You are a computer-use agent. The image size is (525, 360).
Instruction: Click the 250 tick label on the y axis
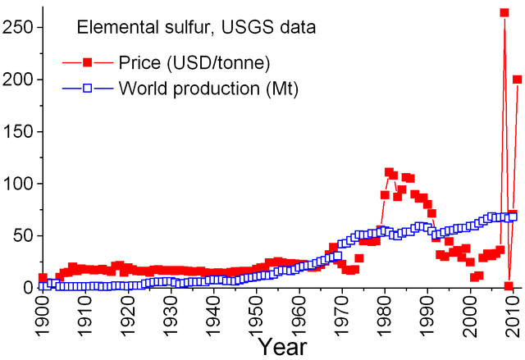point(18,27)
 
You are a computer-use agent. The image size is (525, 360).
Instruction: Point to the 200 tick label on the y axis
point(18,80)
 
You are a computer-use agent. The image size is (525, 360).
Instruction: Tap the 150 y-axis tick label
point(18,131)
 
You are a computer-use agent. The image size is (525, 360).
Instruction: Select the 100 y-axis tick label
point(18,183)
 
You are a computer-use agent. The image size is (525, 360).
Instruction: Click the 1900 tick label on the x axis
point(43,316)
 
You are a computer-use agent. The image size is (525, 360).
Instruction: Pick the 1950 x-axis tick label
point(257,316)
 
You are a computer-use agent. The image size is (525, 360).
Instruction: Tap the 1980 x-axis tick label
point(386,316)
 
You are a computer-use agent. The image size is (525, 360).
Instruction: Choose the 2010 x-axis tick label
point(514,316)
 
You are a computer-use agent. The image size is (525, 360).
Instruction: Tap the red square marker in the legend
point(85,62)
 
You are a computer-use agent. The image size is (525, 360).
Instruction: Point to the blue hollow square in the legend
point(85,87)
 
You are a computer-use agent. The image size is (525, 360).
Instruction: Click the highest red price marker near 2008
point(504,13)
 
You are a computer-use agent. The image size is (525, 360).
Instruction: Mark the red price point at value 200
point(517,80)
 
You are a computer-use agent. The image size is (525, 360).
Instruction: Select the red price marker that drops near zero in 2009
point(509,285)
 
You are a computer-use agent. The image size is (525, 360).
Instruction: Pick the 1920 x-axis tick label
point(128,316)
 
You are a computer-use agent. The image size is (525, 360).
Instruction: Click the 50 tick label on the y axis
point(23,235)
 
